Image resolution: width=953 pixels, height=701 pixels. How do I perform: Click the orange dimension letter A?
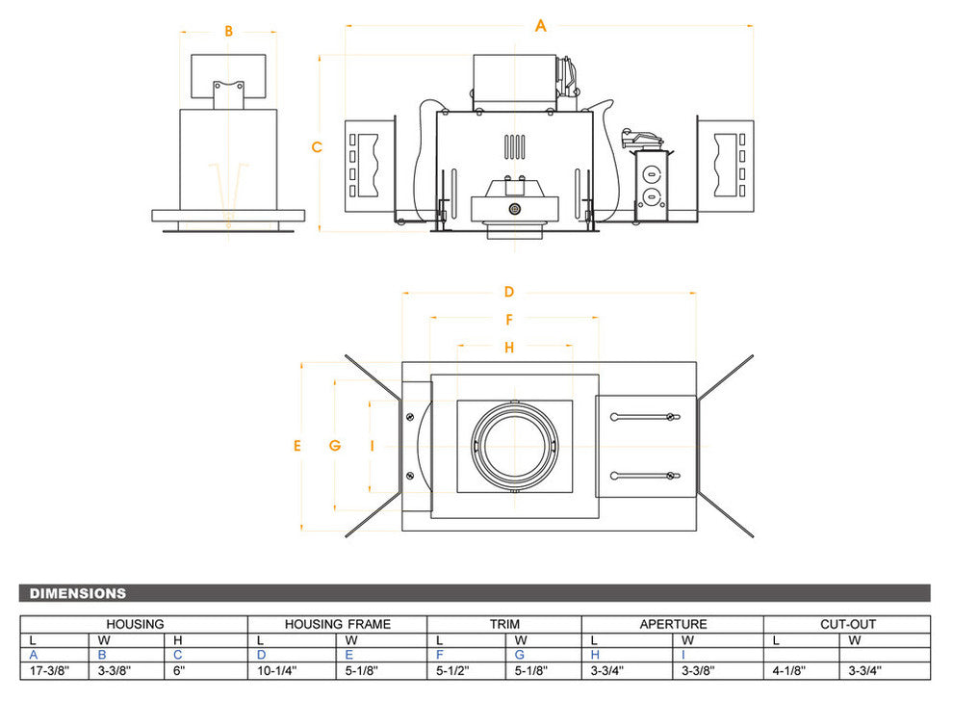[541, 26]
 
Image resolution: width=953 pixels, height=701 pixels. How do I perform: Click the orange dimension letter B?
[228, 31]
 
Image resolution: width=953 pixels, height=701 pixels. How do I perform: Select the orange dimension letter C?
[317, 147]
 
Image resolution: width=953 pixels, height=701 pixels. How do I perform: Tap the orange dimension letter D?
[509, 292]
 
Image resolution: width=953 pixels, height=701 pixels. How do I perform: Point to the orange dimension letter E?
[297, 445]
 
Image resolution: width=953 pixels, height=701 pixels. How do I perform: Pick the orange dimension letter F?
[509, 320]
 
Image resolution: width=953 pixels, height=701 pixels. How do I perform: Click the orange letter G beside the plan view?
[334, 445]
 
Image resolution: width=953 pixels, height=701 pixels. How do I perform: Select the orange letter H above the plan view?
[509, 347]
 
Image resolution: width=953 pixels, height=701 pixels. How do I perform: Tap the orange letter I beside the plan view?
[372, 445]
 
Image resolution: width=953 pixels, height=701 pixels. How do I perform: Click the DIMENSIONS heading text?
[78, 593]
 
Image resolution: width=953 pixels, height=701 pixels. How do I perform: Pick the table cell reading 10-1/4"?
[277, 671]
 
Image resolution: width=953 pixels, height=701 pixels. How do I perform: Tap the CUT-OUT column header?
[847, 624]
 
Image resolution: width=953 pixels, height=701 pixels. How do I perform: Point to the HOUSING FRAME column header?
[337, 624]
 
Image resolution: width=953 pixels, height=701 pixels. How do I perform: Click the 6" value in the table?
[178, 671]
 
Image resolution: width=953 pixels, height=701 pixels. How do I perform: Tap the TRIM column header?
[503, 624]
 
